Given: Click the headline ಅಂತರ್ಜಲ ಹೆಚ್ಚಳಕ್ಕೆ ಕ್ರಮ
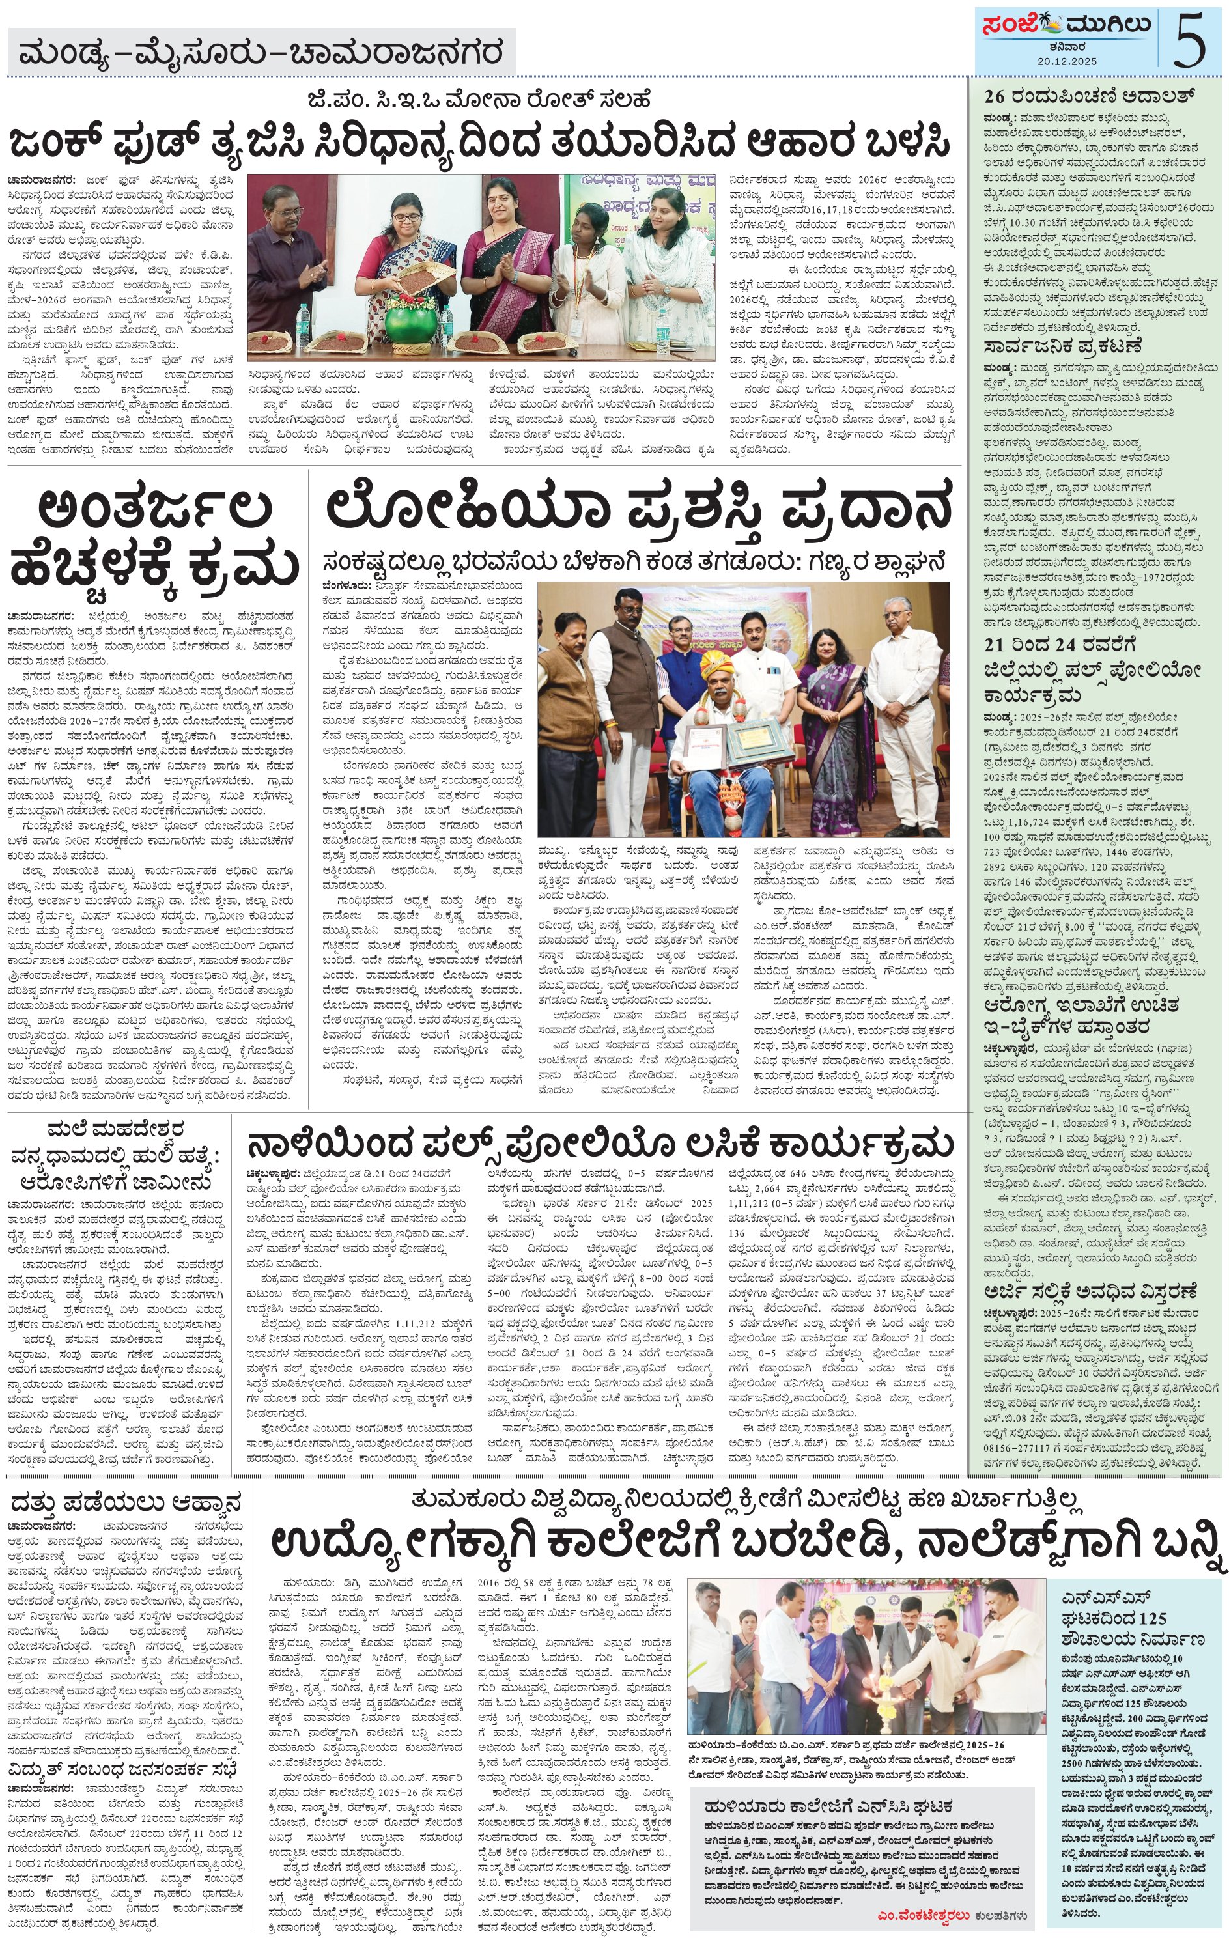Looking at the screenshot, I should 154,539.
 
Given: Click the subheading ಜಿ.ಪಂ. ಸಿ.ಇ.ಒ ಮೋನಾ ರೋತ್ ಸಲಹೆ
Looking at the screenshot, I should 478,100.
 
